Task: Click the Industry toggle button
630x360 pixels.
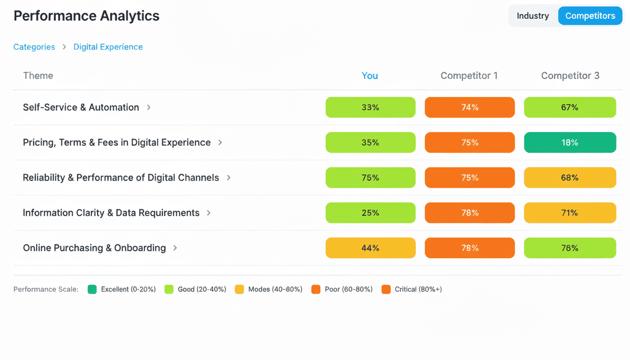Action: click(x=532, y=16)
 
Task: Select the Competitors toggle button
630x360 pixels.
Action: click(x=590, y=16)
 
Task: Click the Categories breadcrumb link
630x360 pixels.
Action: click(x=34, y=47)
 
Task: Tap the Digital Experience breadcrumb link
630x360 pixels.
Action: click(x=108, y=47)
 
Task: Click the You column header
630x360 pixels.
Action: click(x=370, y=76)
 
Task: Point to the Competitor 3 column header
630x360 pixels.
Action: click(x=570, y=76)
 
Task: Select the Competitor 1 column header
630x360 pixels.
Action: click(x=469, y=76)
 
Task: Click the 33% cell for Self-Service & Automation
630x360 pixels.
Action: click(x=370, y=107)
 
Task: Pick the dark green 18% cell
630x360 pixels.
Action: click(x=570, y=142)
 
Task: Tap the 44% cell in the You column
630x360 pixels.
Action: click(x=370, y=248)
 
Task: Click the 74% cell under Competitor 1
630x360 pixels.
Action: click(x=470, y=107)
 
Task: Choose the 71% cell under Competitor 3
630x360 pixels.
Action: click(x=570, y=213)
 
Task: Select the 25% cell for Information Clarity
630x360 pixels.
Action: click(x=370, y=213)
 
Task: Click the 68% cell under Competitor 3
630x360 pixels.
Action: click(x=570, y=177)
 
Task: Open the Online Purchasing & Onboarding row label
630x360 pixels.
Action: click(x=94, y=248)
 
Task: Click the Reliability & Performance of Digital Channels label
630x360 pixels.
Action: click(x=121, y=177)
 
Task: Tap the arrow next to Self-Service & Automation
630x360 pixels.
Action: click(x=149, y=107)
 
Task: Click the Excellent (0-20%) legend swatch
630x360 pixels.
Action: click(x=92, y=289)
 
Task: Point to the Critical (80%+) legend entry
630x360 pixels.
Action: click(x=413, y=289)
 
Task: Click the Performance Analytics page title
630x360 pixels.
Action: click(x=87, y=16)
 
